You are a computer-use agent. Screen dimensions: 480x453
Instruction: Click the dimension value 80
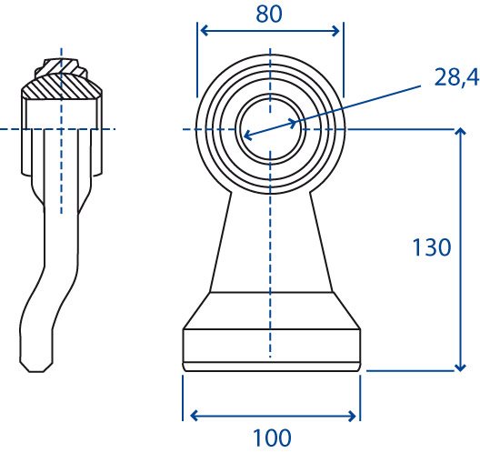tap(269, 14)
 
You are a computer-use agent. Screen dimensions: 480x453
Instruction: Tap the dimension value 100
tap(272, 438)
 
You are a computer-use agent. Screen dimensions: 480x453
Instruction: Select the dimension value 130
tap(432, 247)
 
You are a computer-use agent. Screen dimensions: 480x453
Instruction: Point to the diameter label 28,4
tap(456, 77)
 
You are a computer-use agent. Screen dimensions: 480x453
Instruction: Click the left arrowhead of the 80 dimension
tap(204, 31)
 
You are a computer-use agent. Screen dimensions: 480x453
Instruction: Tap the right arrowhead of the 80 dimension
tap(335, 31)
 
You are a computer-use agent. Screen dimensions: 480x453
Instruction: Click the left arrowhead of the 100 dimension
tap(195, 416)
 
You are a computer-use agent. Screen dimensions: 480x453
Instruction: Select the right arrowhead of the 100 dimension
tap(351, 416)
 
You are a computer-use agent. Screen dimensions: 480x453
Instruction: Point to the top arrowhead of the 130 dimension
tap(460, 132)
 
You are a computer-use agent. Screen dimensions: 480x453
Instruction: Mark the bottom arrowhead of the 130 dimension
tap(460, 367)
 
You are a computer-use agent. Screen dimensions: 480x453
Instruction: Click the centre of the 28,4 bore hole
tap(270, 129)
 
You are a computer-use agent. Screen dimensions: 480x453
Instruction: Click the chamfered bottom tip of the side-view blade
tap(36, 367)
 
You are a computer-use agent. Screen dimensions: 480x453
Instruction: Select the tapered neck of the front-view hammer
tap(271, 242)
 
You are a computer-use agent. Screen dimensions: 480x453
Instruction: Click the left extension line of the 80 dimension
tap(197, 60)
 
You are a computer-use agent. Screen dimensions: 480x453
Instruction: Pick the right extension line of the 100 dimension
tap(360, 398)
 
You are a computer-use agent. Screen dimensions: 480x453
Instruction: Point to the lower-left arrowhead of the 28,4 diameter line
tap(248, 136)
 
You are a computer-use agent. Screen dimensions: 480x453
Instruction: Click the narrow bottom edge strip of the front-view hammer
tap(271, 367)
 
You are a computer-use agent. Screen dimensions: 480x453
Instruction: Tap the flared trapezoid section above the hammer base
tap(271, 310)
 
